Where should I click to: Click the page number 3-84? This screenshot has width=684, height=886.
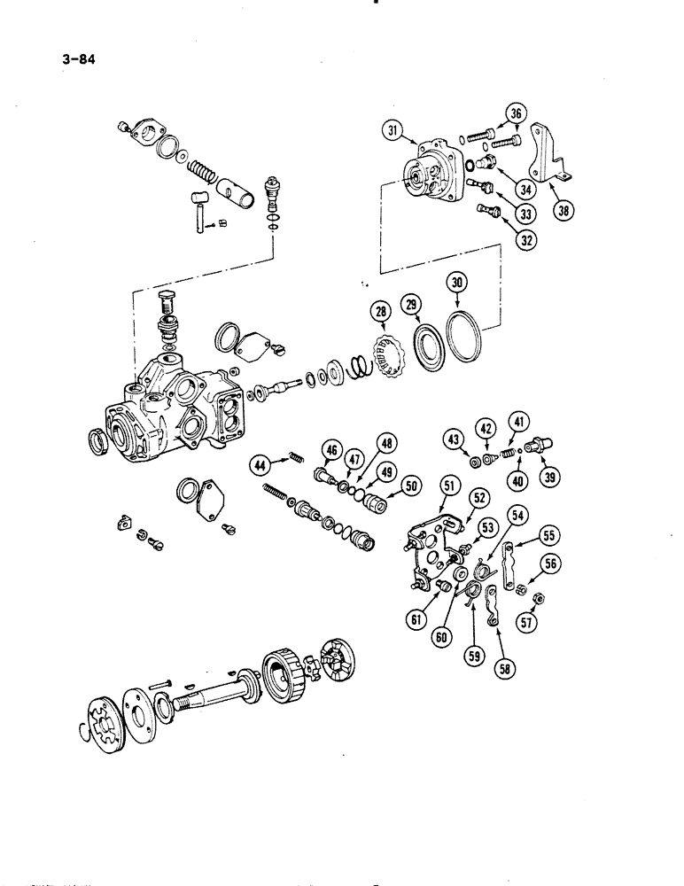tap(79, 61)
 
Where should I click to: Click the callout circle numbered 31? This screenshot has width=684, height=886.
tap(391, 132)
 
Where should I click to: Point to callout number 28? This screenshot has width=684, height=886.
tap(381, 311)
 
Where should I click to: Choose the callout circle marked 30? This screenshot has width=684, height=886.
tap(458, 285)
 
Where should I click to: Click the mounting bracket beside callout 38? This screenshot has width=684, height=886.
tap(542, 159)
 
